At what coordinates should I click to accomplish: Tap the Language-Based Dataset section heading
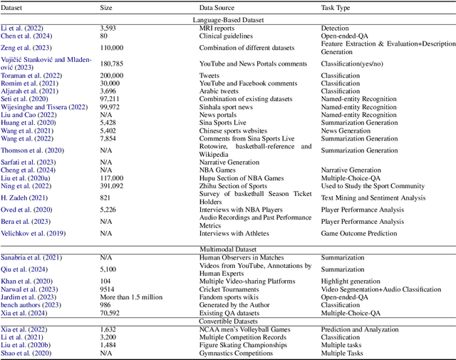click(x=228, y=20)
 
